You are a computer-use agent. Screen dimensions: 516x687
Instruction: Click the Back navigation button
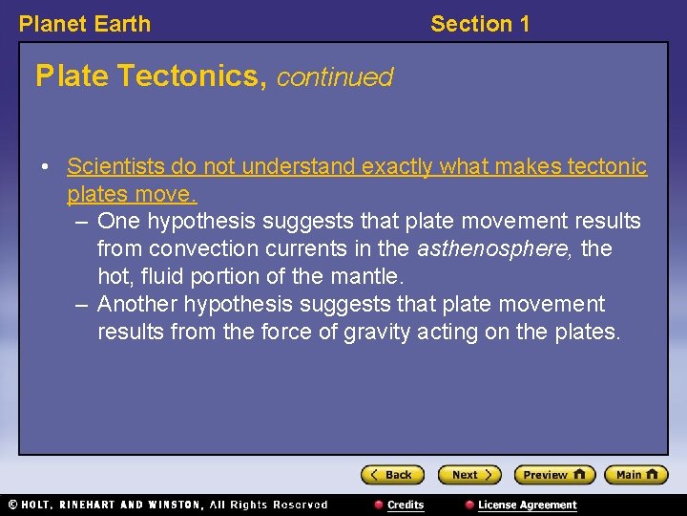tap(392, 475)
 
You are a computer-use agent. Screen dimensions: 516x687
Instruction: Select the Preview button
tap(554, 475)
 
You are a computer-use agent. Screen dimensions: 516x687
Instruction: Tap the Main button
tap(636, 475)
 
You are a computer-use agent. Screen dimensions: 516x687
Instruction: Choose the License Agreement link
tap(527, 505)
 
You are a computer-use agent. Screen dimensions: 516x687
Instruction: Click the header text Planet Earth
tap(85, 24)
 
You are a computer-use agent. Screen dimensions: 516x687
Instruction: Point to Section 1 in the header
tap(480, 24)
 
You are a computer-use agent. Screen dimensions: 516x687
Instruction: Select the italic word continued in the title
tap(335, 76)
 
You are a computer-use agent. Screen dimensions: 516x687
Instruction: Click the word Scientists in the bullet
tap(115, 167)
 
